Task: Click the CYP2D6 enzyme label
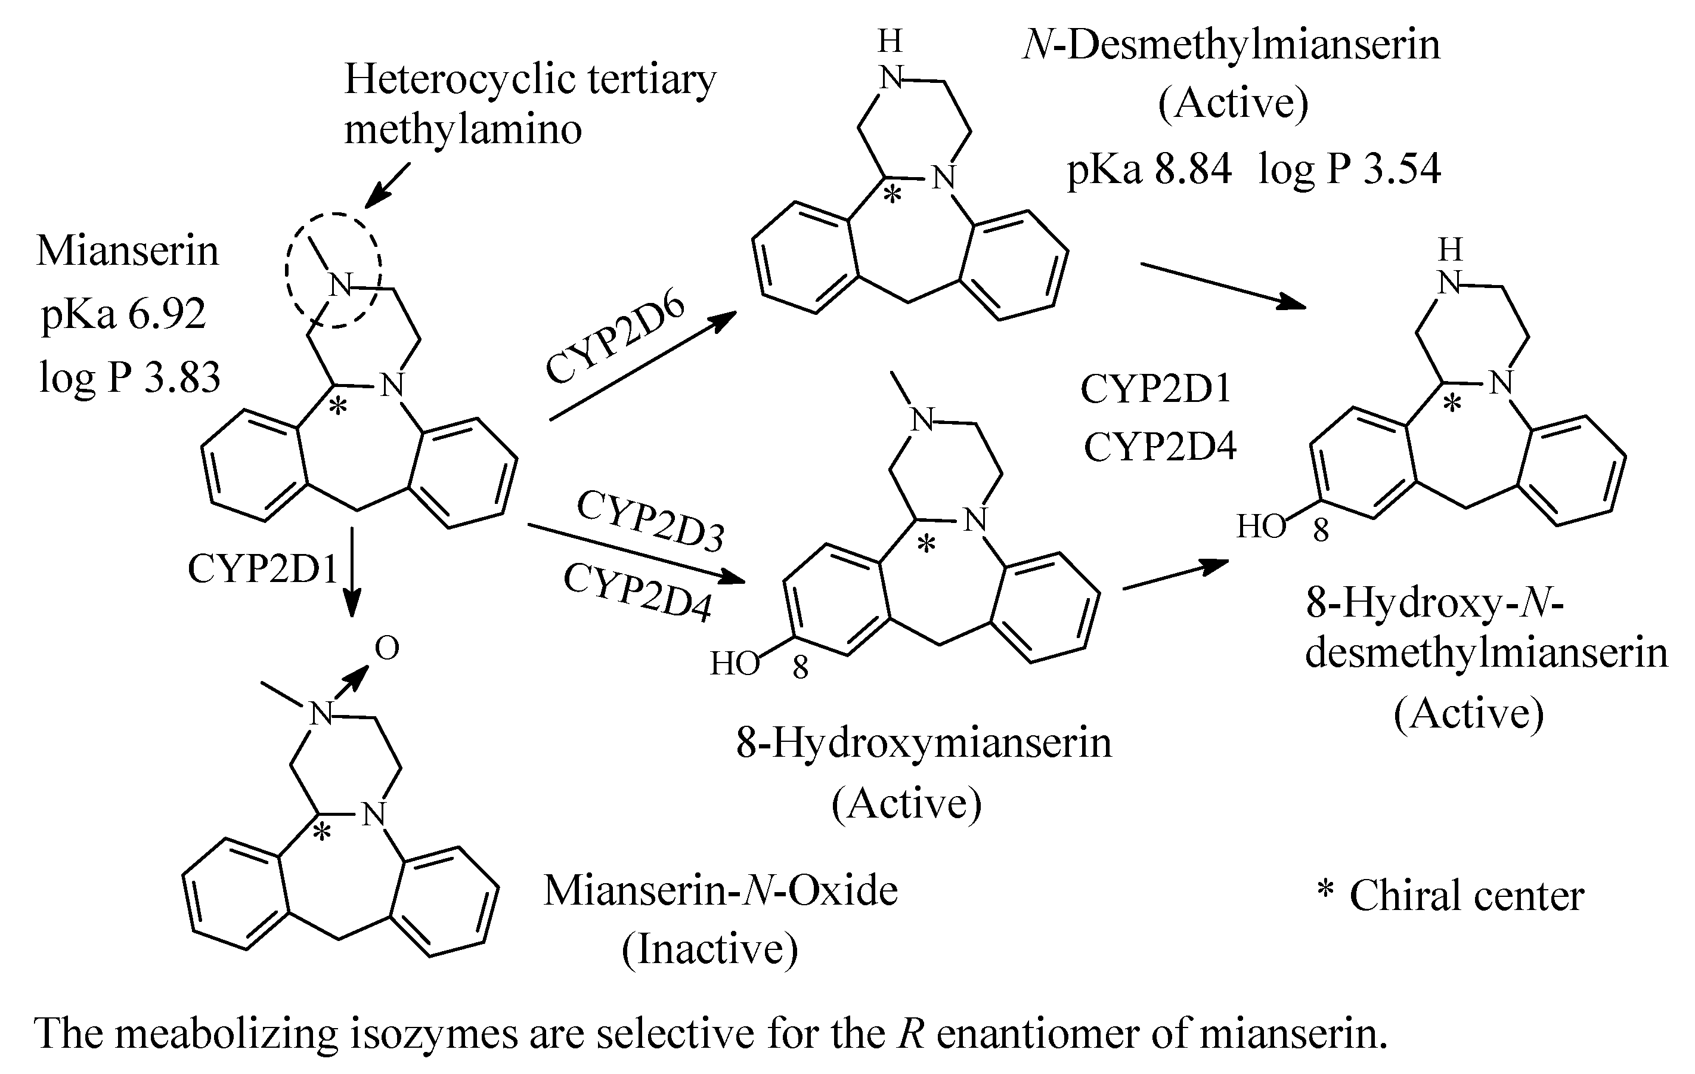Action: tap(615, 339)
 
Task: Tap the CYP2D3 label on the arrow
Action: tap(650, 521)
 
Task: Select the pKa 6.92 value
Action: tap(124, 314)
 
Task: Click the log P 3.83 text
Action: tap(129, 377)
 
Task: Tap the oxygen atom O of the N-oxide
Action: tap(387, 648)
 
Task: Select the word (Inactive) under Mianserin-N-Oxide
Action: tap(709, 949)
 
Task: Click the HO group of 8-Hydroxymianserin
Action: tap(734, 663)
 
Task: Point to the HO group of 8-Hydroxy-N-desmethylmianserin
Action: tap(1262, 527)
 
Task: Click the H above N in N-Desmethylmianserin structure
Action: tap(891, 42)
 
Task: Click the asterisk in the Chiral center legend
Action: tap(1325, 890)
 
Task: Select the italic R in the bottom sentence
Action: tap(911, 1034)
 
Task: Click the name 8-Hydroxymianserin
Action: tap(924, 743)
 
